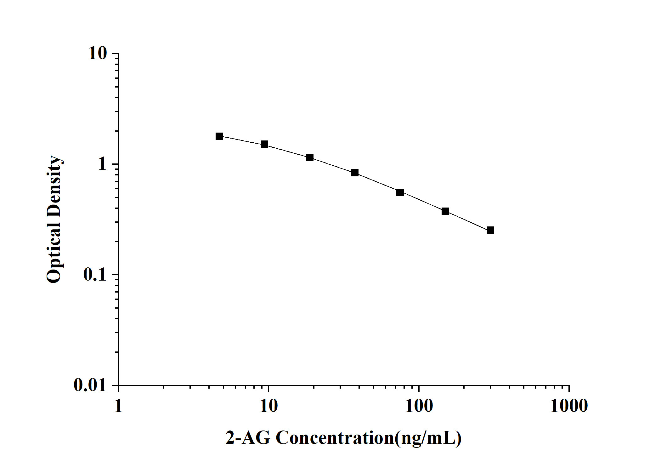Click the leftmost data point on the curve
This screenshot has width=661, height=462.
tap(219, 136)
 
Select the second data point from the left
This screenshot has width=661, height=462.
tap(264, 144)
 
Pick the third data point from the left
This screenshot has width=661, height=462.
tap(310, 157)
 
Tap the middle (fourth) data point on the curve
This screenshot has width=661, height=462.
tap(355, 173)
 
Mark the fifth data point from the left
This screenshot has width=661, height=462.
tap(400, 192)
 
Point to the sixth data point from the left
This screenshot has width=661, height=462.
tap(445, 211)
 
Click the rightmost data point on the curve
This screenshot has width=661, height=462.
tap(490, 230)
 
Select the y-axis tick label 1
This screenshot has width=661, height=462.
tap(102, 164)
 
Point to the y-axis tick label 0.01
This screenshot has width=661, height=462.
tap(90, 385)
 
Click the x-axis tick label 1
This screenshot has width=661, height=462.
tap(118, 406)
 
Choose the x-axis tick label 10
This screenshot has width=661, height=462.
tap(268, 406)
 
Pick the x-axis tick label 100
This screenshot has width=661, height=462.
tap(419, 406)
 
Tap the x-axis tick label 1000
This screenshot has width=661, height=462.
tap(569, 406)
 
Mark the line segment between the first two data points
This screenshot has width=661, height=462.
tap(242, 140)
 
